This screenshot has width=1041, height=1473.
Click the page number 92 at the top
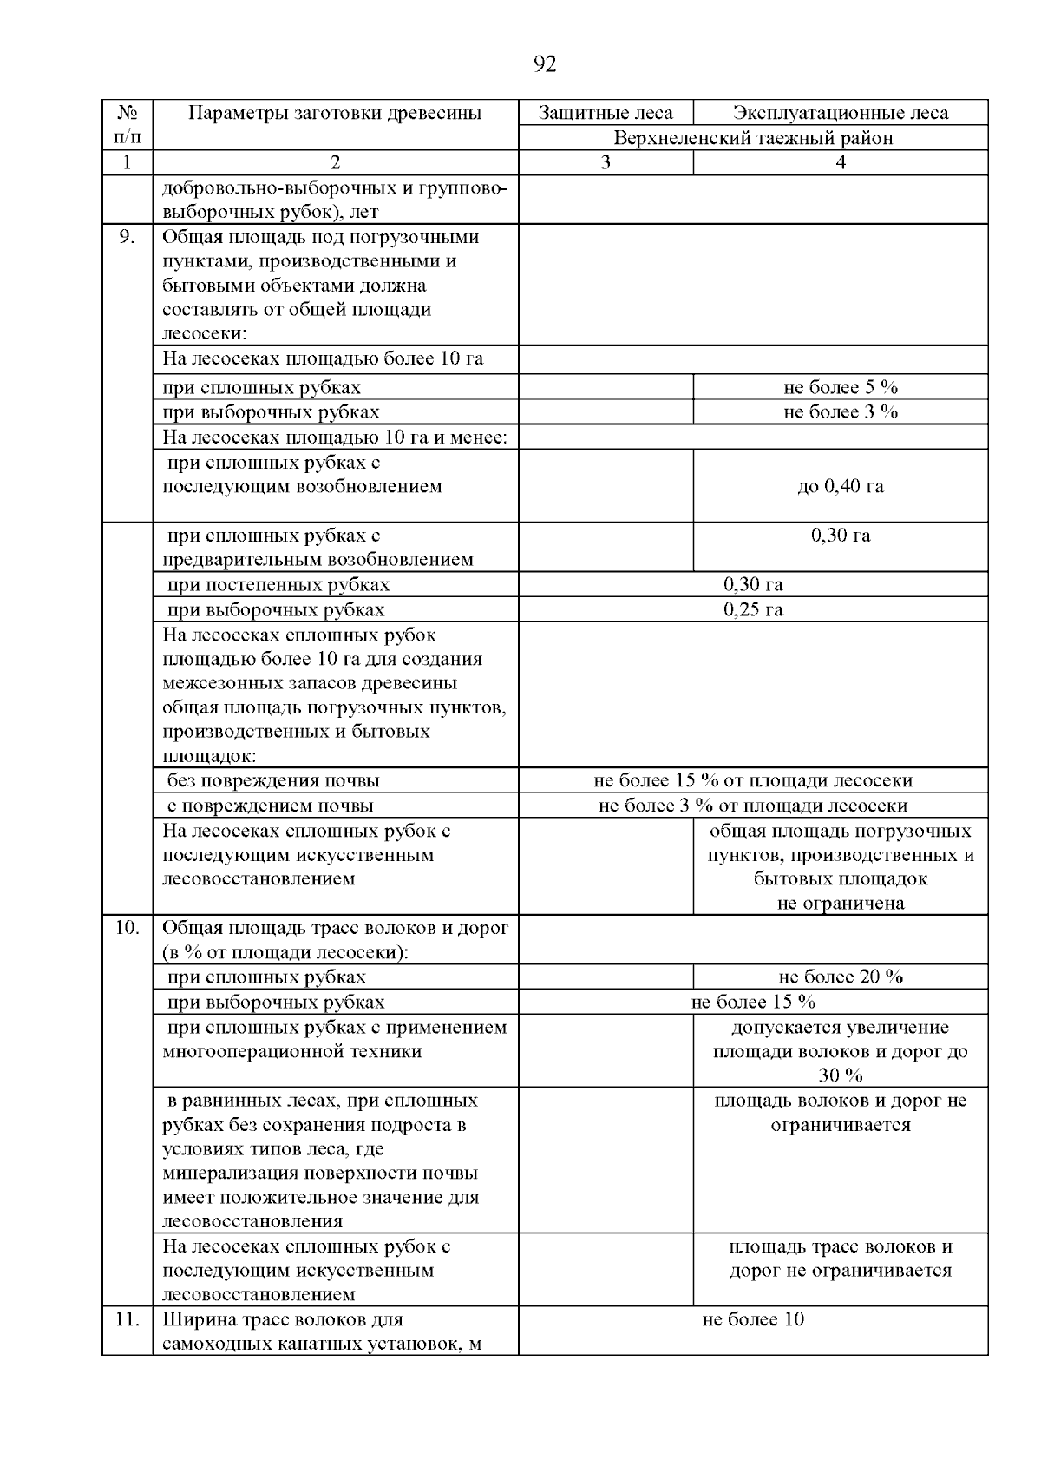pyautogui.click(x=545, y=64)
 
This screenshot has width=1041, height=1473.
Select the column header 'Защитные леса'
pyautogui.click(x=605, y=113)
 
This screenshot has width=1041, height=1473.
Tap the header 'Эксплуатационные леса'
pyautogui.click(x=840, y=113)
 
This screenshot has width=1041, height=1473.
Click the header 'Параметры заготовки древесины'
pyautogui.click(x=335, y=113)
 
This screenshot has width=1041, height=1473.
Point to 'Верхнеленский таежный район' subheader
pyautogui.click(x=753, y=138)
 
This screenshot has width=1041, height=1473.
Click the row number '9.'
pyautogui.click(x=127, y=237)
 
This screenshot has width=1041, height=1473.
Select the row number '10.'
pyautogui.click(x=127, y=927)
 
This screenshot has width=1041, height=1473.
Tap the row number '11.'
pyautogui.click(x=127, y=1319)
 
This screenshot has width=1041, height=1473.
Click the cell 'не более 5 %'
pyautogui.click(x=840, y=387)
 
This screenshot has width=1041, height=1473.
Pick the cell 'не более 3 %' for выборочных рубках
pyautogui.click(x=840, y=411)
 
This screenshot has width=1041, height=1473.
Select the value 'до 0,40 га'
pyautogui.click(x=840, y=486)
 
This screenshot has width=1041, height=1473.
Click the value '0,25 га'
pyautogui.click(x=753, y=609)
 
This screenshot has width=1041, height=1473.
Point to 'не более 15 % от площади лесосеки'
pyautogui.click(x=753, y=780)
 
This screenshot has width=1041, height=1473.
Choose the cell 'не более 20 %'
pyautogui.click(x=840, y=977)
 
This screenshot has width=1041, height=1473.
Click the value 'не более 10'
pyautogui.click(x=753, y=1319)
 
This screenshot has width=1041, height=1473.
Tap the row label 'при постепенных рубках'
pyautogui.click(x=278, y=584)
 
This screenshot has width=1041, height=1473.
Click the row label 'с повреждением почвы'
pyautogui.click(x=270, y=806)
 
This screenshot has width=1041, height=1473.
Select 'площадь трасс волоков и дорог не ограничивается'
pyautogui.click(x=840, y=1259)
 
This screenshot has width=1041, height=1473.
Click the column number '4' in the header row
pyautogui.click(x=840, y=162)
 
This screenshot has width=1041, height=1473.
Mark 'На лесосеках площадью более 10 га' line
pyautogui.click(x=323, y=358)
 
